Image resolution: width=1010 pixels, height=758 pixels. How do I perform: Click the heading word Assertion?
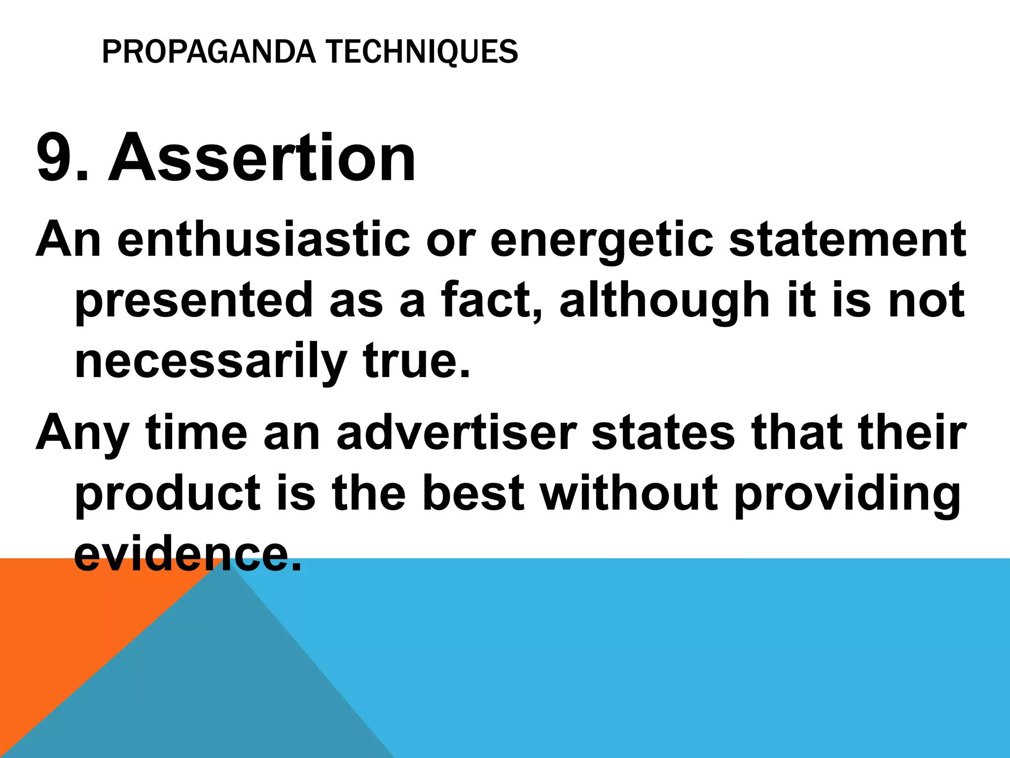coord(262,158)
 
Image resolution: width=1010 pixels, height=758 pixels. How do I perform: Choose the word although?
coord(664,300)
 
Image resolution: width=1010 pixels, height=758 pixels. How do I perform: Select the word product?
coord(167,493)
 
